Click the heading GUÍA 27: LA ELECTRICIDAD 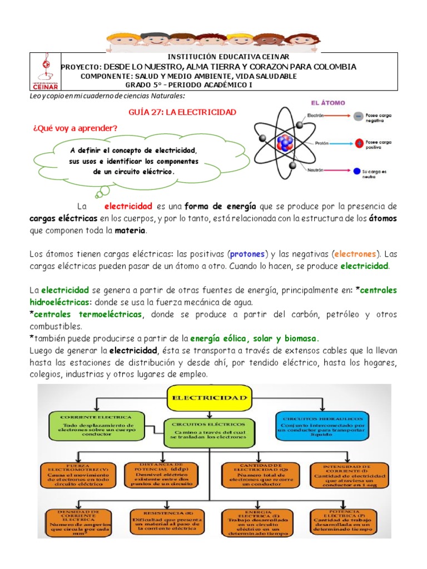[x=182, y=112]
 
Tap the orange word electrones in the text [x=355, y=254]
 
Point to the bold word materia [x=130, y=230]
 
